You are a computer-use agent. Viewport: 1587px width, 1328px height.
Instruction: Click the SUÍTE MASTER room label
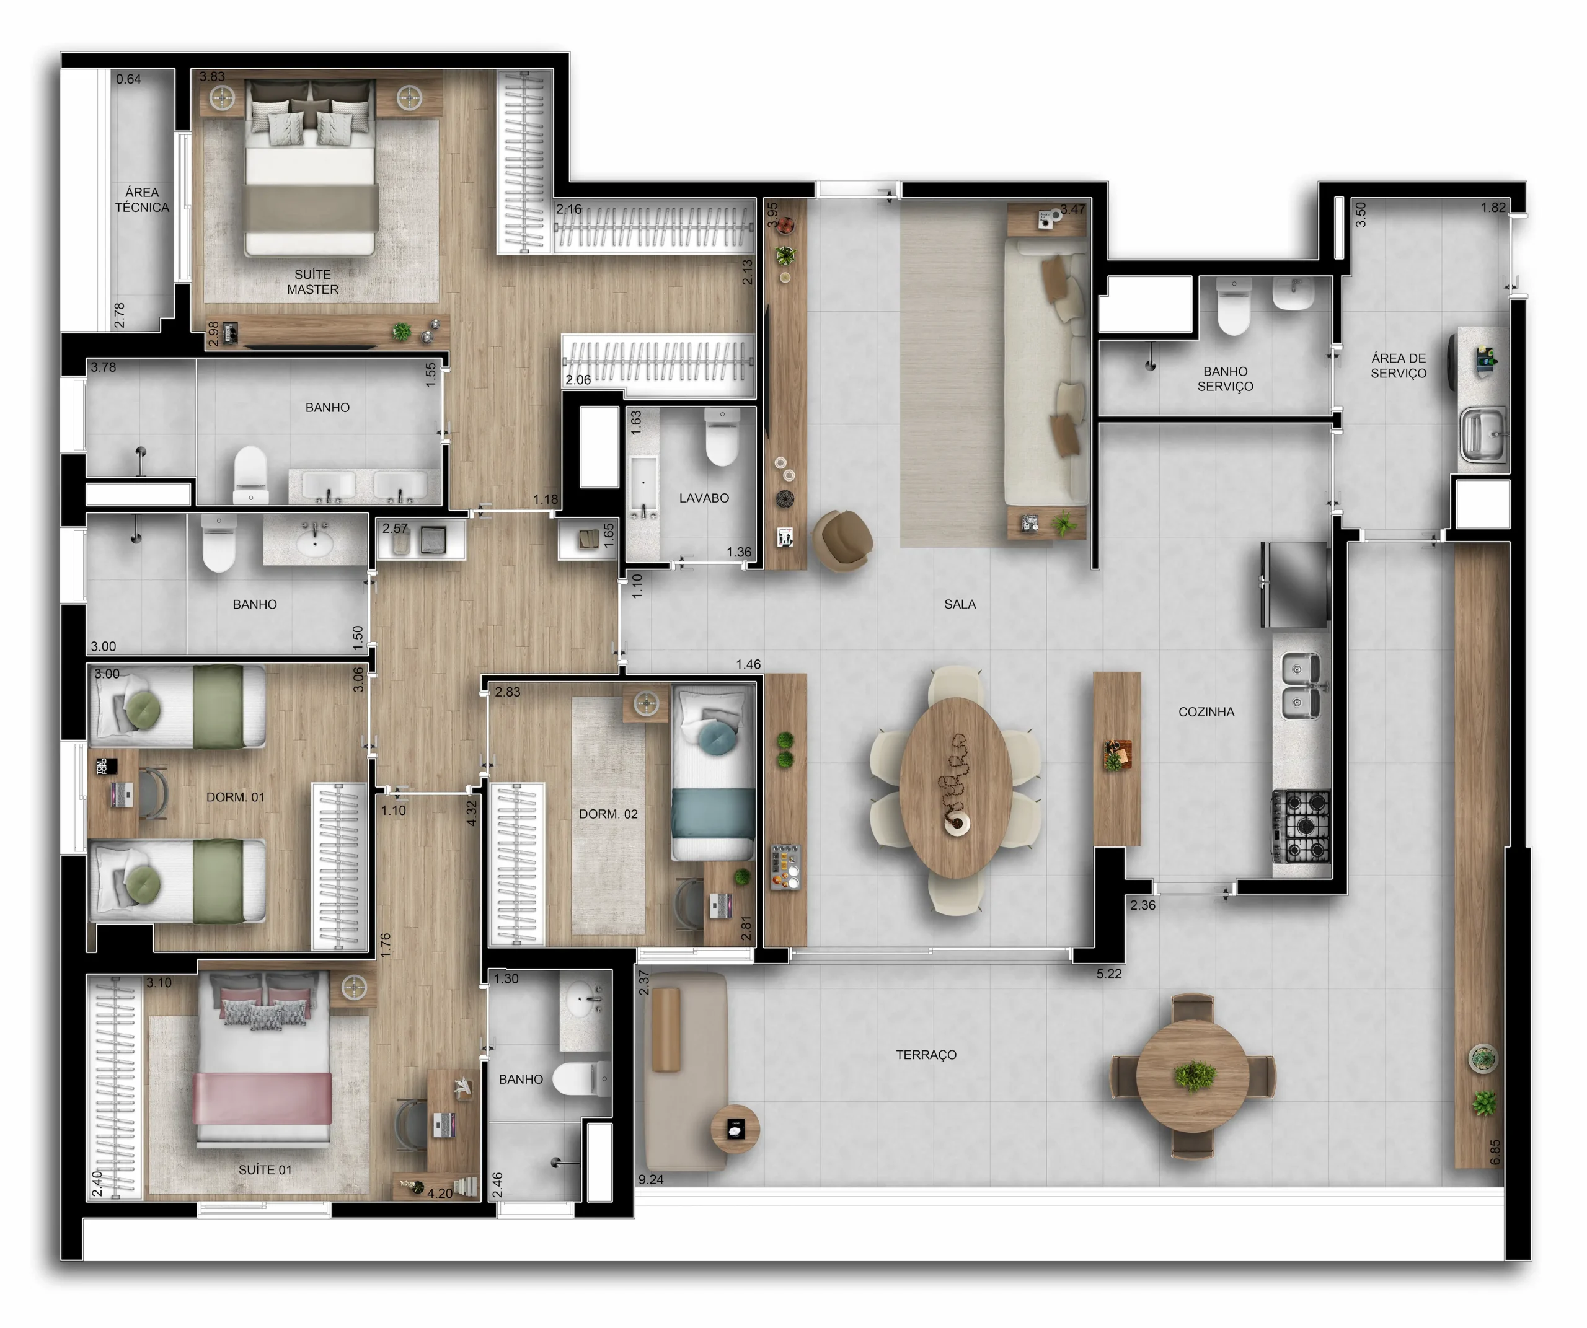(x=313, y=282)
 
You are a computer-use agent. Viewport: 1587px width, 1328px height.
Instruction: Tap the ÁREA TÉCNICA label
(x=142, y=200)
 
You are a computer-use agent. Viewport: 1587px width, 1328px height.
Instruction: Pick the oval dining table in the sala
(x=956, y=788)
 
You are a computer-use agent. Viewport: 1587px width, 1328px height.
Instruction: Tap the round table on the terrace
(x=1193, y=1076)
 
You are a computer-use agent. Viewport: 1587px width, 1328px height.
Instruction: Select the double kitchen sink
(x=1301, y=686)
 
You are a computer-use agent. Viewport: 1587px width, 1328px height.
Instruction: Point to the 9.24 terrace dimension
(x=651, y=1180)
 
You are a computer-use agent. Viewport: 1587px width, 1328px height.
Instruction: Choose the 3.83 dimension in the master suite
(x=213, y=76)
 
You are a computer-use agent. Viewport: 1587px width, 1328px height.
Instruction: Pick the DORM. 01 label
(x=236, y=798)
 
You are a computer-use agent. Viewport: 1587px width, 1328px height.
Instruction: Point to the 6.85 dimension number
(x=1495, y=1152)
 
